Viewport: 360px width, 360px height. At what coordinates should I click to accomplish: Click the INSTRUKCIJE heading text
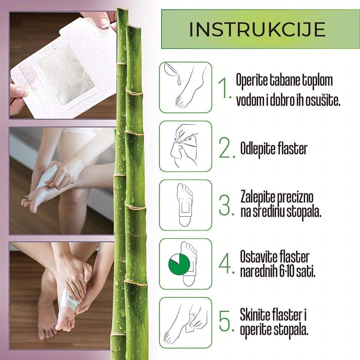click(x=257, y=30)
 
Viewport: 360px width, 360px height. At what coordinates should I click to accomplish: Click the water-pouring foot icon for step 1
click(x=185, y=87)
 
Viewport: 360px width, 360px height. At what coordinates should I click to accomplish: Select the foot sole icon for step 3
click(x=185, y=205)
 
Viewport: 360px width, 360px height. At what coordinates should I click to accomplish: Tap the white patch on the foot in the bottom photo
click(x=69, y=300)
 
